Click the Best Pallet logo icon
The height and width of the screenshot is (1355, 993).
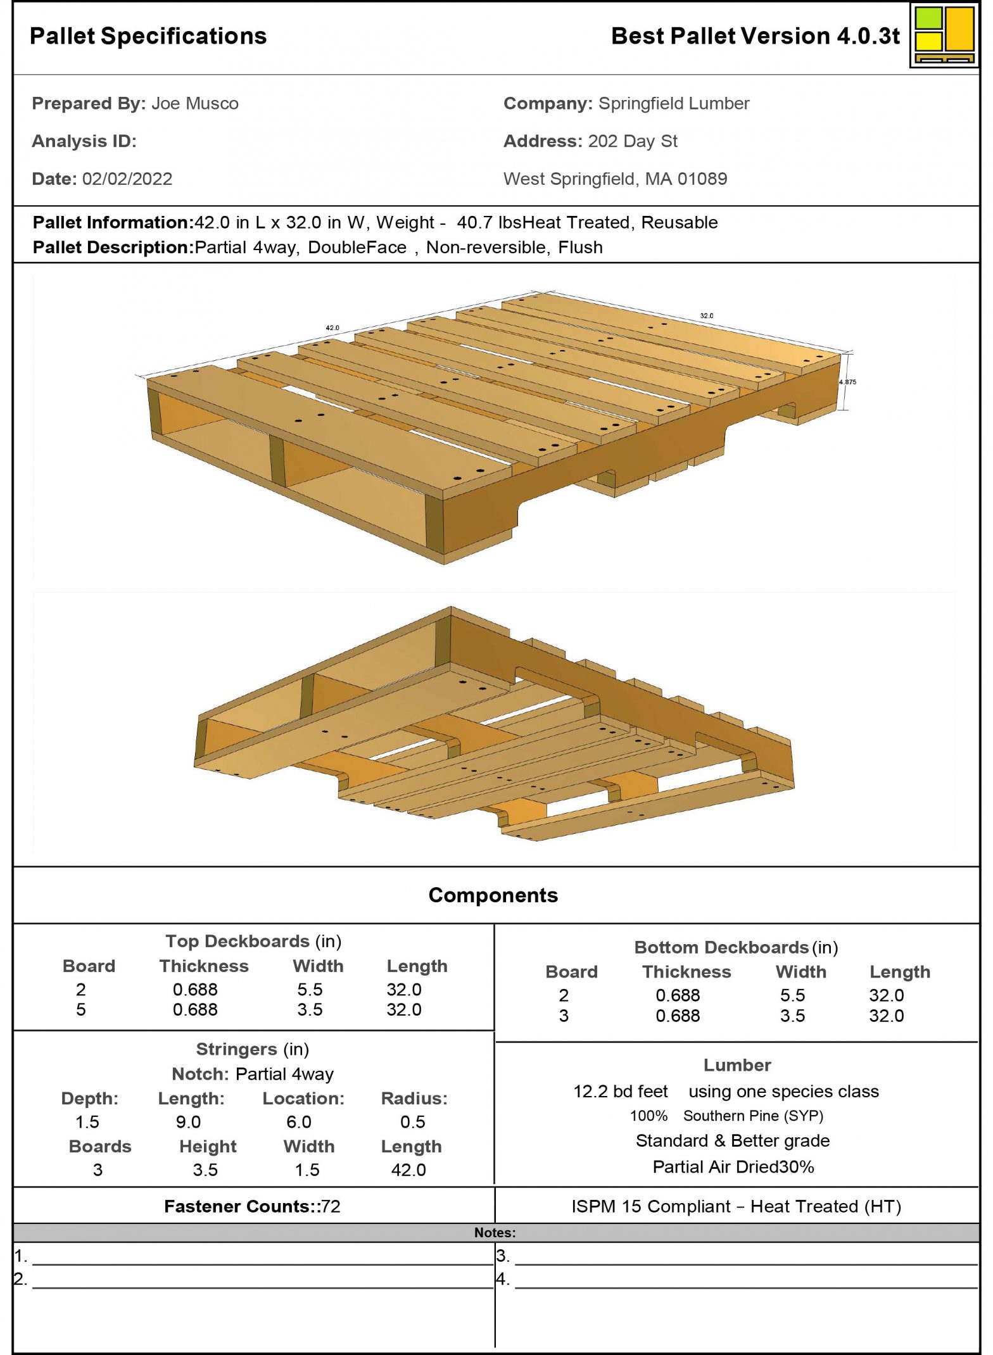click(944, 35)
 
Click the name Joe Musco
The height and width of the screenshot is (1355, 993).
click(194, 104)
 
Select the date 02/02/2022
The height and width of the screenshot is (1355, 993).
click(127, 179)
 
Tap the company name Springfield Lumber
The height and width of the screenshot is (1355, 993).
click(674, 104)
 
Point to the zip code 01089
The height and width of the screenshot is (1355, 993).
click(702, 179)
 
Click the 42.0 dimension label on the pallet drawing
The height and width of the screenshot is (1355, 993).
click(332, 328)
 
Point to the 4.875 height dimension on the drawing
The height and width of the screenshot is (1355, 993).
click(847, 382)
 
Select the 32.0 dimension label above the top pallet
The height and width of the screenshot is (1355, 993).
click(706, 315)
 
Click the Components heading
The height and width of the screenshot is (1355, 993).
click(493, 895)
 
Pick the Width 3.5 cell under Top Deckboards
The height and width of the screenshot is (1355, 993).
click(310, 1009)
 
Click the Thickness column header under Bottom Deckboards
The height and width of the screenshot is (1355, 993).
click(686, 972)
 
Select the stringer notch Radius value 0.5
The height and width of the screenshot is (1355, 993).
click(412, 1122)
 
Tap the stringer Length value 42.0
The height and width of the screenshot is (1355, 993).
click(408, 1170)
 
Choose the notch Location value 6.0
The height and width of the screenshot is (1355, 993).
click(298, 1122)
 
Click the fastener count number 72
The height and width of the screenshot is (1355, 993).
click(331, 1207)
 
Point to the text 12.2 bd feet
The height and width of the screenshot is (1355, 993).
click(620, 1092)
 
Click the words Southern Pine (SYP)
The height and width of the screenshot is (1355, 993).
click(753, 1116)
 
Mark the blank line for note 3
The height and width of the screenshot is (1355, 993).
click(746, 1258)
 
